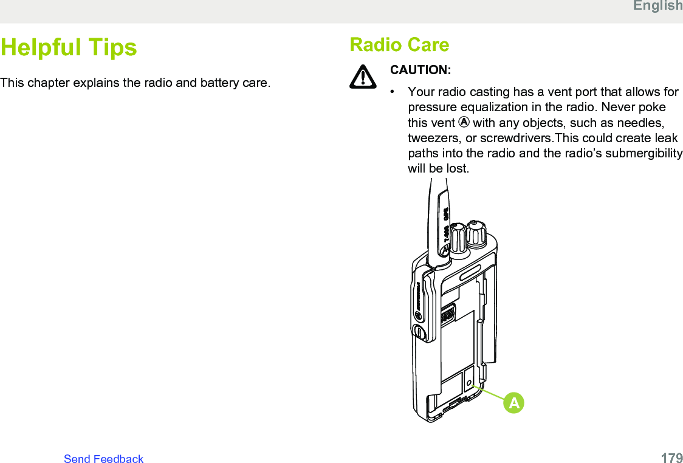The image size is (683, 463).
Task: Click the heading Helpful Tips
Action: click(x=69, y=47)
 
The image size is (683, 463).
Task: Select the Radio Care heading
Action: click(x=399, y=45)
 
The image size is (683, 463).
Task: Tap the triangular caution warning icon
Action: click(x=363, y=76)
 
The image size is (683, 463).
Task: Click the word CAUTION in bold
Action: click(x=420, y=70)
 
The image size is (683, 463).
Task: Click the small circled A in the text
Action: click(x=464, y=123)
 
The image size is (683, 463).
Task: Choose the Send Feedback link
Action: click(x=104, y=458)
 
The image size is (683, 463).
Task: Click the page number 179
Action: click(x=671, y=458)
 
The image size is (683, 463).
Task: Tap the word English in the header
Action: click(x=657, y=5)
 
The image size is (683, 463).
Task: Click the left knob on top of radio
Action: click(x=458, y=238)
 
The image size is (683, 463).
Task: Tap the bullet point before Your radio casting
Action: click(x=393, y=92)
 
